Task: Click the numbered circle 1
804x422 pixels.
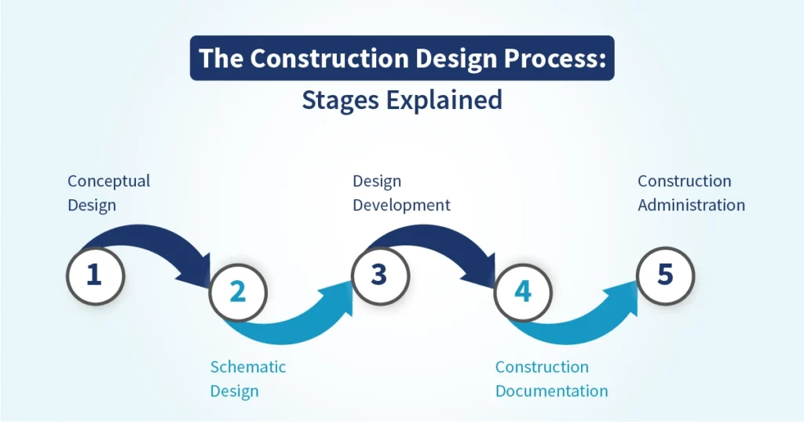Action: click(x=93, y=275)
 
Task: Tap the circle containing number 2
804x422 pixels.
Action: click(x=237, y=292)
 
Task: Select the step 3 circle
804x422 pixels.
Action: click(x=379, y=275)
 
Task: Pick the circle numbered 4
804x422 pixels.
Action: click(x=522, y=292)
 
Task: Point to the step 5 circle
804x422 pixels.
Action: click(x=665, y=275)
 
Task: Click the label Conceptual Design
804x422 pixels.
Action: click(x=108, y=193)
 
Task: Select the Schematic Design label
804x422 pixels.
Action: click(x=248, y=378)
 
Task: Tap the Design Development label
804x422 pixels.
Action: click(x=401, y=193)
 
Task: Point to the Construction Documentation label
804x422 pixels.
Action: click(x=551, y=378)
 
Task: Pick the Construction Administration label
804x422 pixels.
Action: click(x=691, y=193)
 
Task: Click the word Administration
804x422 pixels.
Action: click(x=691, y=206)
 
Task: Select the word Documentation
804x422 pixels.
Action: click(x=551, y=391)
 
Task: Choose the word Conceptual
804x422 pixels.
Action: click(x=108, y=181)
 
